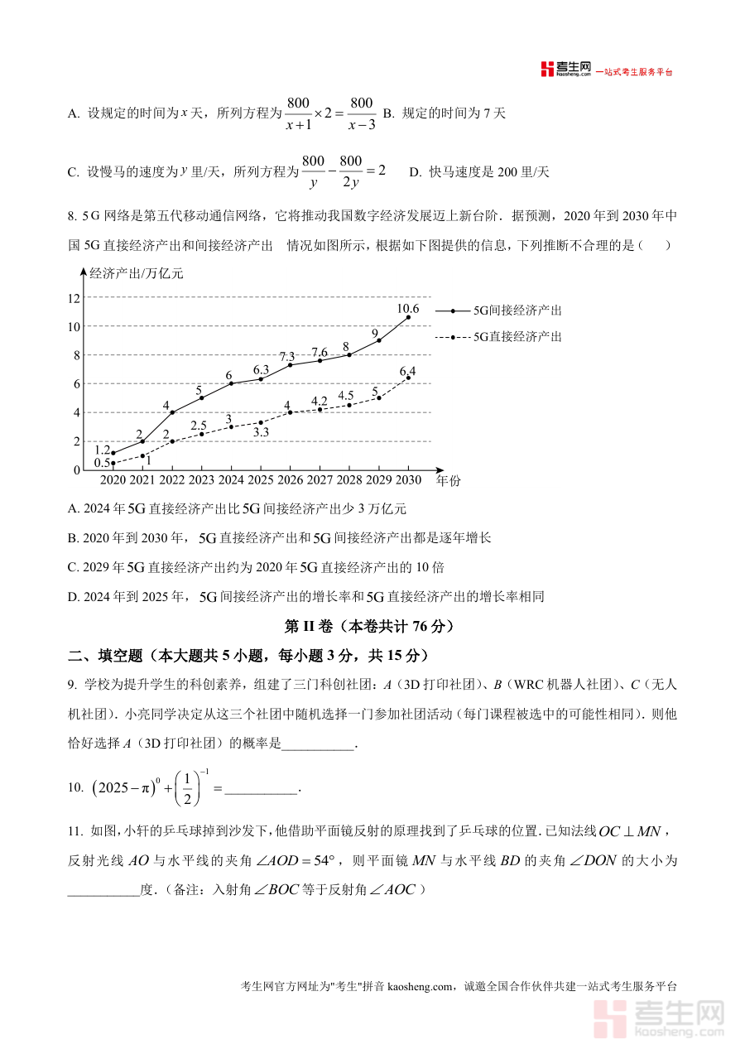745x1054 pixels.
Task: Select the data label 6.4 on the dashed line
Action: (407, 371)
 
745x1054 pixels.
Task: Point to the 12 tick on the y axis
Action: (74, 298)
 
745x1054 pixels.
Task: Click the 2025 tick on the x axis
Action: (261, 480)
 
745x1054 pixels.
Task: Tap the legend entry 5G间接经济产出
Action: (517, 310)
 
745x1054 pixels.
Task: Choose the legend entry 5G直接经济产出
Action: (517, 336)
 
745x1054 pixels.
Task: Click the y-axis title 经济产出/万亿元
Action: (136, 273)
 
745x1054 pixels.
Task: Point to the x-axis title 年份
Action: (449, 480)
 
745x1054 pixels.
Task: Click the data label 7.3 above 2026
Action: (287, 356)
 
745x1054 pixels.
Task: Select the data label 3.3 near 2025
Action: (261, 432)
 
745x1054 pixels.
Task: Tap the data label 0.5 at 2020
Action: (102, 463)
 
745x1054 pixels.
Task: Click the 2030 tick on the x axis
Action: (408, 480)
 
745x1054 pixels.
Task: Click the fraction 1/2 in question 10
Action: (187, 788)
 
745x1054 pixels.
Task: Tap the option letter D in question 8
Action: (73, 597)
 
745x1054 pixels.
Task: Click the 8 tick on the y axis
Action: (76, 355)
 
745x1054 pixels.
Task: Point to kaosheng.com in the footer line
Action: (421, 986)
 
